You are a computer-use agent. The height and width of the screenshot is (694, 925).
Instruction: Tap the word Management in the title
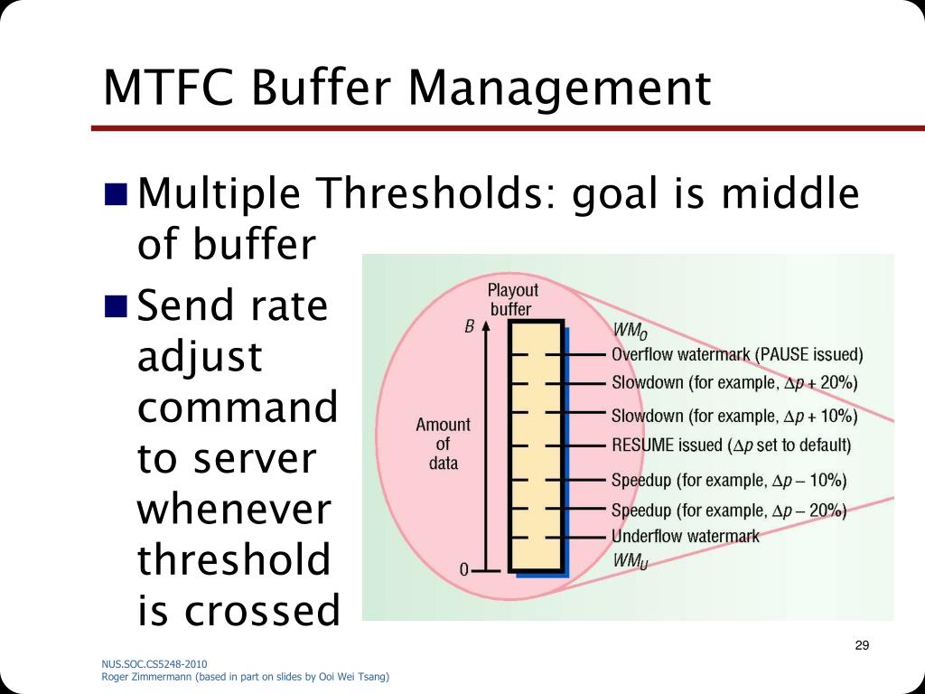tap(557, 89)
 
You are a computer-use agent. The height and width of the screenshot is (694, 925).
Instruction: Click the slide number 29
tap(861, 645)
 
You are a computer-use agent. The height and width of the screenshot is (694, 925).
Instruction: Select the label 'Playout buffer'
tap(512, 300)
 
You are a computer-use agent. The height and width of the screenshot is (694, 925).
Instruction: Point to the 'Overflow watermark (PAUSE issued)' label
tap(737, 353)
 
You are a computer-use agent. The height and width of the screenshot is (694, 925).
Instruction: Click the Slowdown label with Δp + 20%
tap(734, 382)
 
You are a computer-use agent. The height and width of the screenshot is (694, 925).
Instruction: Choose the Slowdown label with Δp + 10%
tap(734, 416)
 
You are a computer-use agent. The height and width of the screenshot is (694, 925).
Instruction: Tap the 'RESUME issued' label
tap(731, 445)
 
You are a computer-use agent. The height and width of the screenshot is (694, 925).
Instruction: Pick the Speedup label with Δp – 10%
tap(729, 479)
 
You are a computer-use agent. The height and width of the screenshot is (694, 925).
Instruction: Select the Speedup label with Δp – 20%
tap(729, 510)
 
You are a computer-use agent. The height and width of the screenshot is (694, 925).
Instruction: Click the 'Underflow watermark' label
tap(686, 535)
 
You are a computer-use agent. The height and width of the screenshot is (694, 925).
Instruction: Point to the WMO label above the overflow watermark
tap(630, 330)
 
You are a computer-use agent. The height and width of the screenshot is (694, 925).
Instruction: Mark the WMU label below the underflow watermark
tap(630, 560)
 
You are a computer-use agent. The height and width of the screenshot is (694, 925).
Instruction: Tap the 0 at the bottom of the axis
tap(464, 570)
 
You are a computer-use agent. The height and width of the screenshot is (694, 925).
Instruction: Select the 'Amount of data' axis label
tap(443, 444)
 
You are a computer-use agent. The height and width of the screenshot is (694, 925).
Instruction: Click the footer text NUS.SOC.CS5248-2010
tap(147, 664)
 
